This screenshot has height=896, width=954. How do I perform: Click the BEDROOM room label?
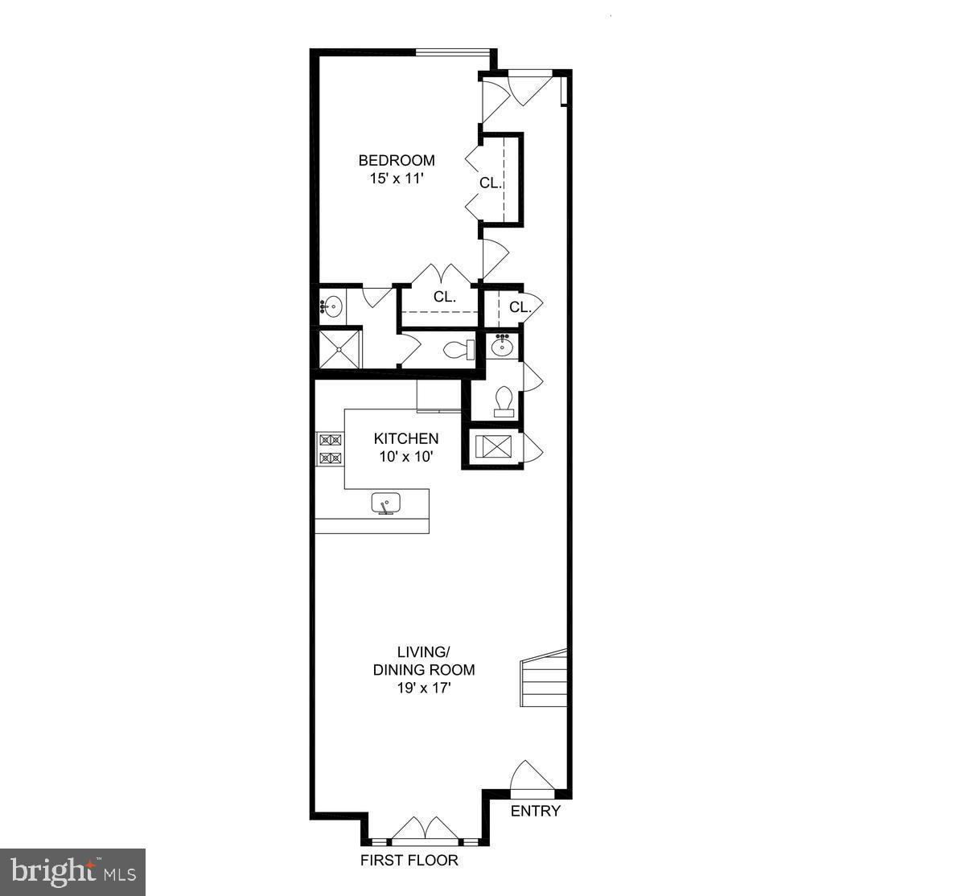(x=397, y=160)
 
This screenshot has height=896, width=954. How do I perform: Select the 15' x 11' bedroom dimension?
(x=397, y=179)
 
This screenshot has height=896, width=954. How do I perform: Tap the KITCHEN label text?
(x=406, y=438)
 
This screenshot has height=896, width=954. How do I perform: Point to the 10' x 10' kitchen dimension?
(x=406, y=457)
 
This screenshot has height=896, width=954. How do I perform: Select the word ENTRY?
(x=536, y=811)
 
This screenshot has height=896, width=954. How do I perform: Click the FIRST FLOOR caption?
(x=409, y=861)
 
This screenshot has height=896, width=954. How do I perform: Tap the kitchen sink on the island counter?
(x=386, y=504)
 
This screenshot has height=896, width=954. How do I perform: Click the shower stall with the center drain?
(x=339, y=348)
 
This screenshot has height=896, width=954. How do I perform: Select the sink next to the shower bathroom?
(x=332, y=306)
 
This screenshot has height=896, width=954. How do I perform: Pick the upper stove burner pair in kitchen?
(x=331, y=440)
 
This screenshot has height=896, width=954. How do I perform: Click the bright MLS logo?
(x=72, y=872)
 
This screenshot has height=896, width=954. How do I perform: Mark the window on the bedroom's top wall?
(x=452, y=53)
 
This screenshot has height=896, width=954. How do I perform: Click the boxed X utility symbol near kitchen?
(x=491, y=446)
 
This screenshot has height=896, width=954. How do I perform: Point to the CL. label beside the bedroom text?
(x=491, y=183)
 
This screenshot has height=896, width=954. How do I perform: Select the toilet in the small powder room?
(x=504, y=400)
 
